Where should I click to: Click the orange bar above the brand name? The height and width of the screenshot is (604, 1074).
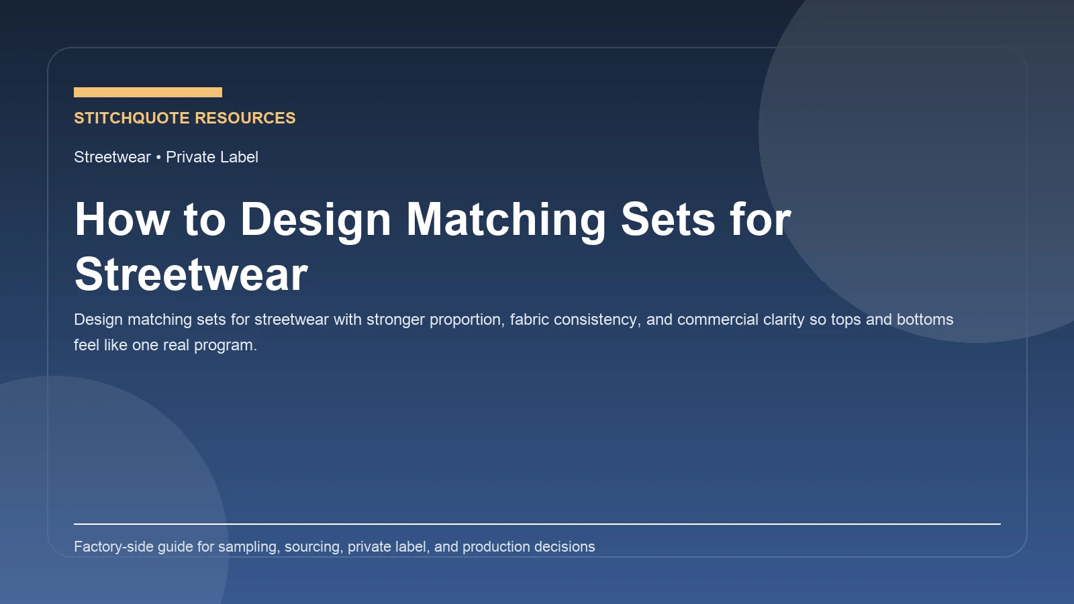click(x=148, y=92)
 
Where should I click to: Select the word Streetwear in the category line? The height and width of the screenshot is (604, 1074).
click(x=112, y=157)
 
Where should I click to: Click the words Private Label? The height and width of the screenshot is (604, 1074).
click(x=212, y=157)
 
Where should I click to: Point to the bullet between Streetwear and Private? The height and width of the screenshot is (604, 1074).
click(x=158, y=157)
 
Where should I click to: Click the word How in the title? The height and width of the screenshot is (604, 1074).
click(x=122, y=219)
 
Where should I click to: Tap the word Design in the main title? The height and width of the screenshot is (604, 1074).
click(x=315, y=219)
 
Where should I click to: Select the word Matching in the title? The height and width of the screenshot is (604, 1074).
click(x=506, y=219)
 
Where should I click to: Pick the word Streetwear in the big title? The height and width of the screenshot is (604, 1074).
click(x=191, y=274)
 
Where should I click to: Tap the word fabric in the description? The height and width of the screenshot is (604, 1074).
click(x=530, y=319)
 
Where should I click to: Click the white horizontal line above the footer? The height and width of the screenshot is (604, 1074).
click(x=537, y=523)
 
